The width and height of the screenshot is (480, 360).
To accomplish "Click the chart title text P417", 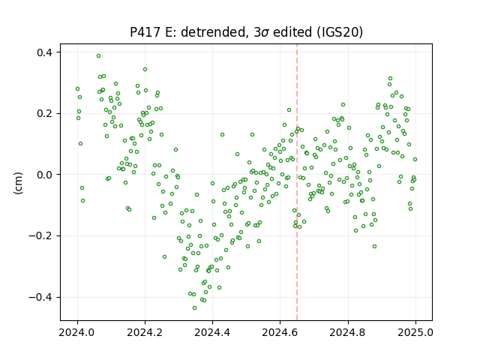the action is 145,32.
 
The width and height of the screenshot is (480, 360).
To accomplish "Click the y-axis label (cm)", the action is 18,183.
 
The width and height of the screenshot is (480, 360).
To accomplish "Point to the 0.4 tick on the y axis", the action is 44,52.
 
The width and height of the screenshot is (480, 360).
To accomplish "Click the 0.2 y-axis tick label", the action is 44,113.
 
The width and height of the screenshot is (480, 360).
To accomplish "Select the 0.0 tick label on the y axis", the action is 44,175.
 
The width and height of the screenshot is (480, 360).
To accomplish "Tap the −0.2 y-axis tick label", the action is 40,236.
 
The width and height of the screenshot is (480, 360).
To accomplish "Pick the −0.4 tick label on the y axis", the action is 40,297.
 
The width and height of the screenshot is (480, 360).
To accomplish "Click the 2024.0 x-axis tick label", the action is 77,332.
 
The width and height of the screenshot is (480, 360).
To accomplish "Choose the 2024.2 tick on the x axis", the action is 145,332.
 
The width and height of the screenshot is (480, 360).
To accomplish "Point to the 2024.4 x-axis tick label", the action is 212,332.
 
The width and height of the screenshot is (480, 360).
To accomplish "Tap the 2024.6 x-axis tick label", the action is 280,332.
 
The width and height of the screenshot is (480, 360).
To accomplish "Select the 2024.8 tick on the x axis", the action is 348,332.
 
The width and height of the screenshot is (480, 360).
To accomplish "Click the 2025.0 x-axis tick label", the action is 415,332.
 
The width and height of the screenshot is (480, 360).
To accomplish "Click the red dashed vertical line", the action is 297,182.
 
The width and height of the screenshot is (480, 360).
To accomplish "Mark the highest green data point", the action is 98,56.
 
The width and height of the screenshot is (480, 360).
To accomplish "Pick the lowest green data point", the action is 195,308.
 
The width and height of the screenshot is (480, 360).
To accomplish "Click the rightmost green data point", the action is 415,160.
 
